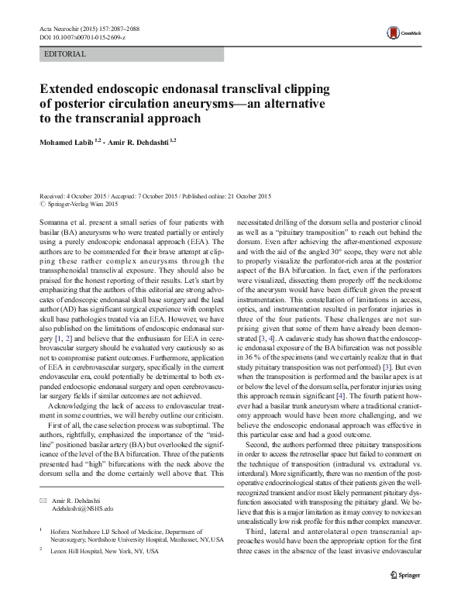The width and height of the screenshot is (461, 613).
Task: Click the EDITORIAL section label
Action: pos(66,54)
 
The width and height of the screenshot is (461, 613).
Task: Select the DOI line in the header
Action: pos(81,37)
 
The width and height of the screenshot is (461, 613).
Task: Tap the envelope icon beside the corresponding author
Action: pos(43,500)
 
